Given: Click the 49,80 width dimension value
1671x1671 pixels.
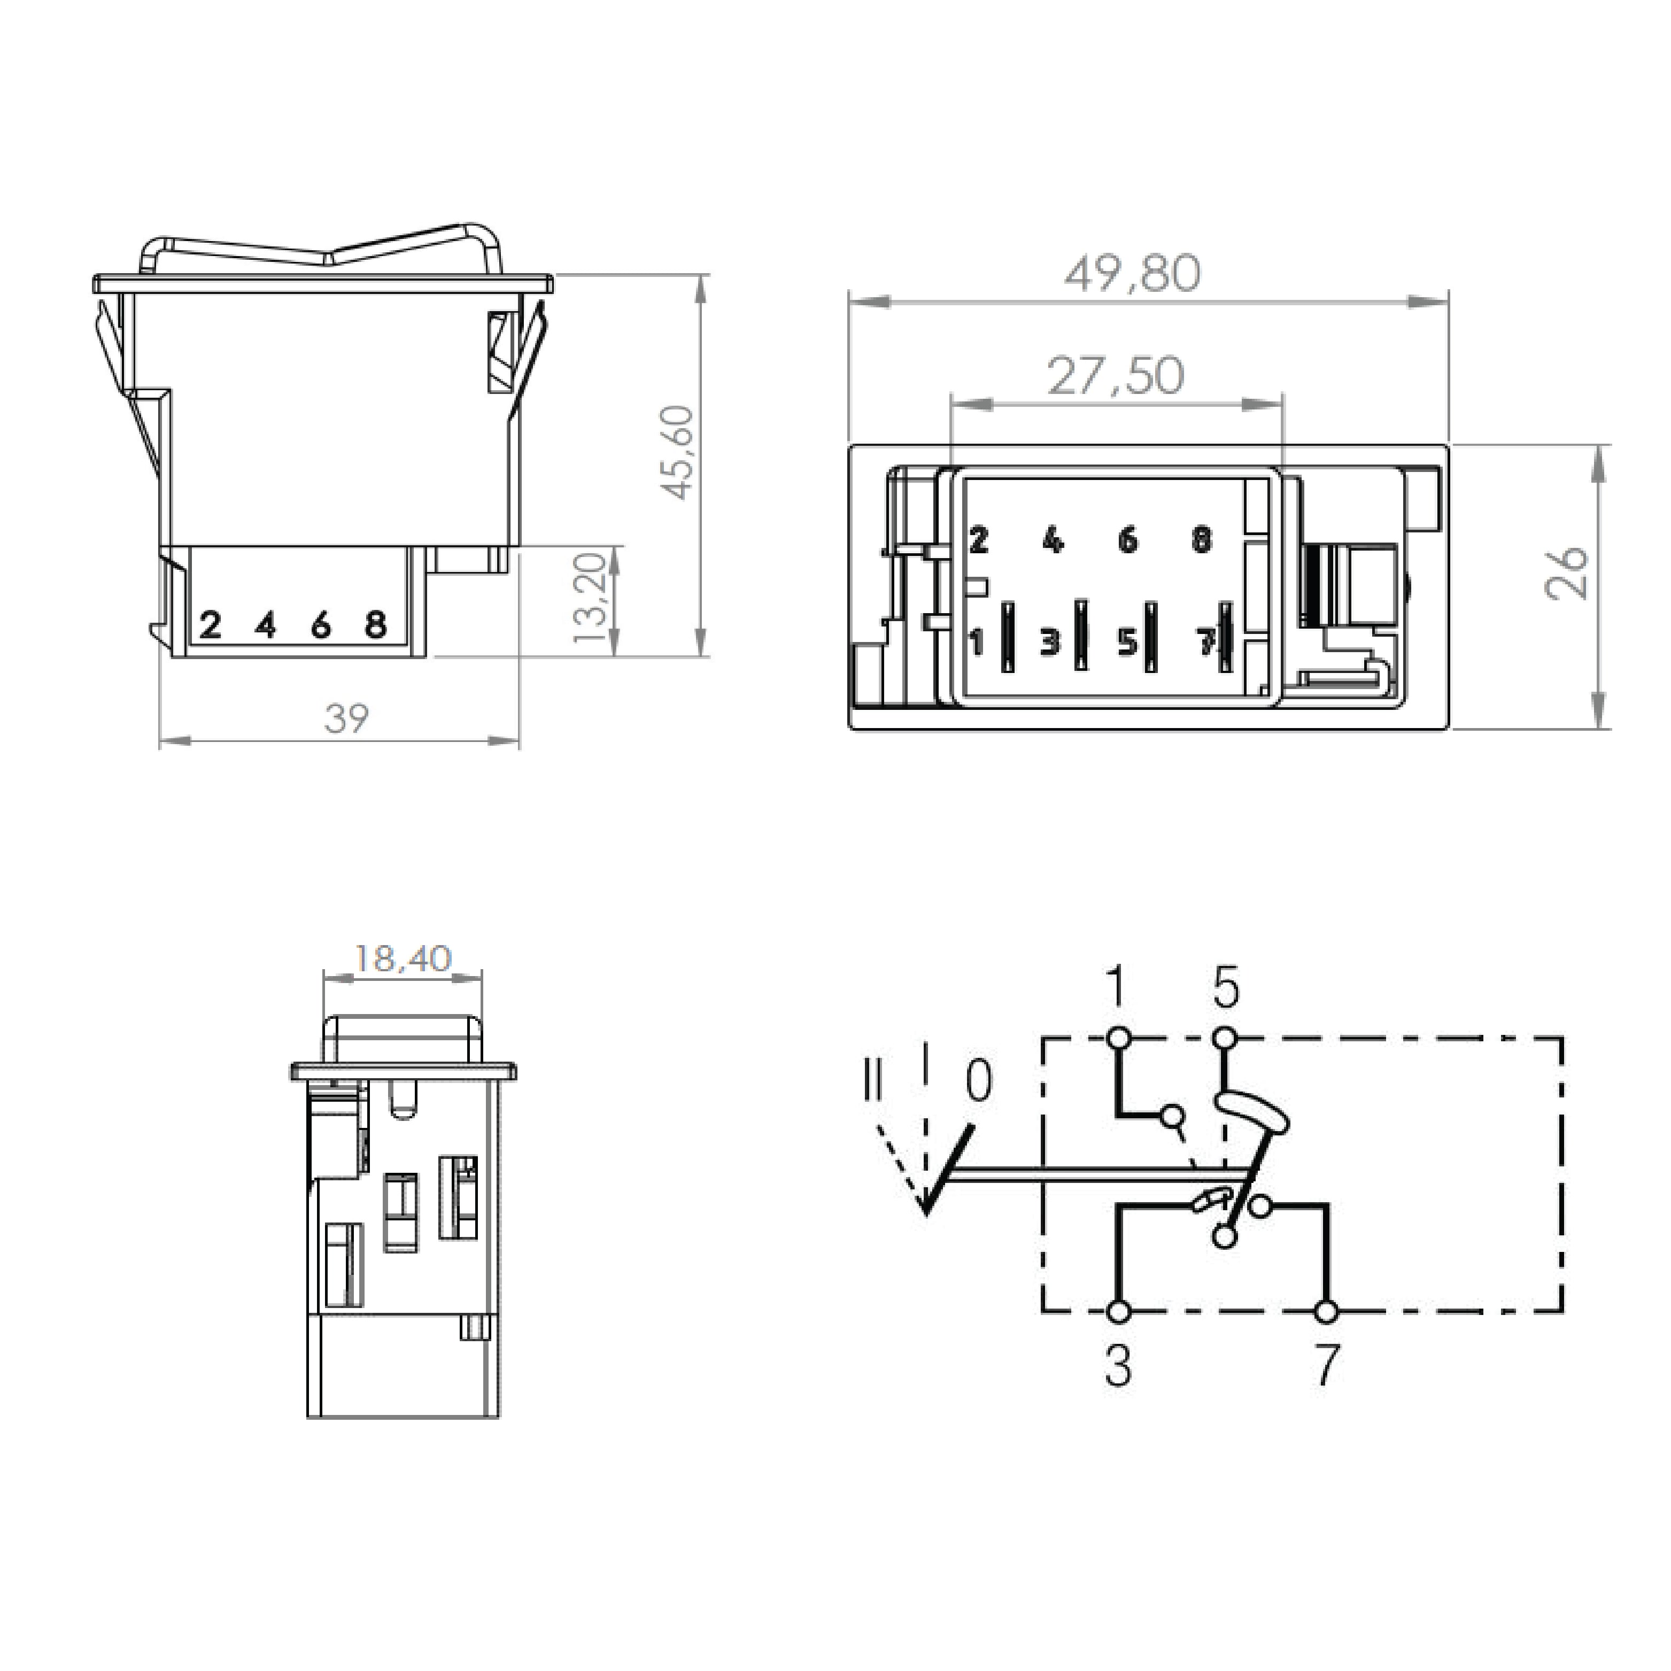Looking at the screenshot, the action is click(1132, 273).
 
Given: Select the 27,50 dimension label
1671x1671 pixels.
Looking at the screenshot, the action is click(1115, 375).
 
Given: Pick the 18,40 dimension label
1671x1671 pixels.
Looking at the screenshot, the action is click(403, 958).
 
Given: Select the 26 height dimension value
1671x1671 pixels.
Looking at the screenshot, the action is click(1566, 573).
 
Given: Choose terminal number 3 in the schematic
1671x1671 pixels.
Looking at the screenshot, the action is click(1118, 1366).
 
